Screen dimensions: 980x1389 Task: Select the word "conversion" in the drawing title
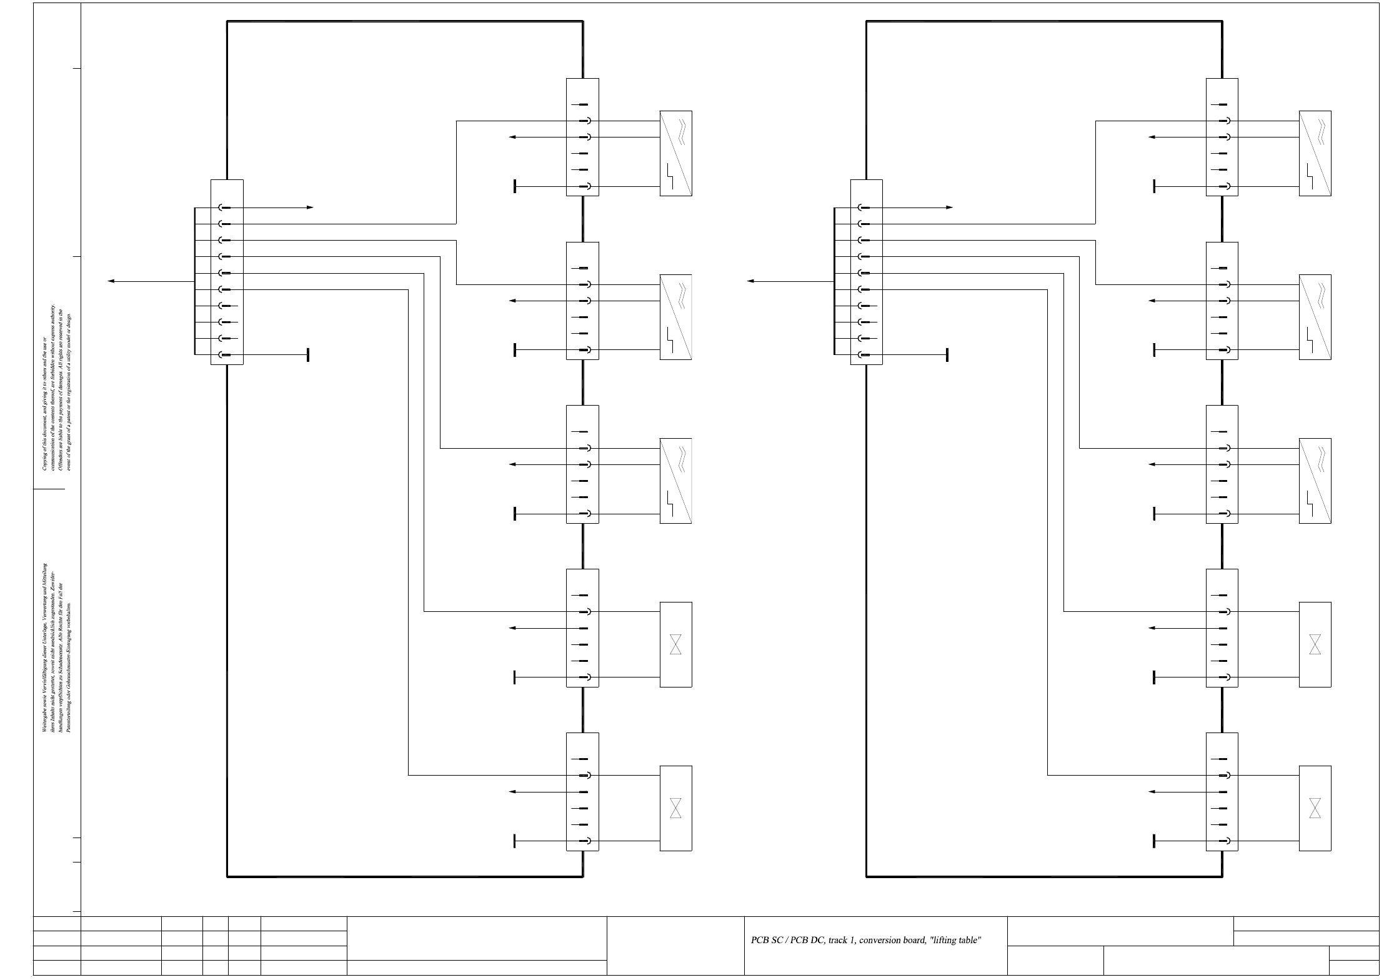881,940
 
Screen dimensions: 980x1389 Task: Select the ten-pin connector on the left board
227,272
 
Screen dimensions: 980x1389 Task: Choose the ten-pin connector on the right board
866,272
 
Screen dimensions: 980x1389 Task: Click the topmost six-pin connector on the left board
582,137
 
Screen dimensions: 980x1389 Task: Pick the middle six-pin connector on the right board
1222,464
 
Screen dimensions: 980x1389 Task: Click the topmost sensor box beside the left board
675,153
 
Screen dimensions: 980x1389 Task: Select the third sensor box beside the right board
1315,481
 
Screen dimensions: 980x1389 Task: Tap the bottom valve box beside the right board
1315,808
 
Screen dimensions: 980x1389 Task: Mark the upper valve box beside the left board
675,644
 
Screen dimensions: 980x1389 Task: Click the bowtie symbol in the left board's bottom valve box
675,807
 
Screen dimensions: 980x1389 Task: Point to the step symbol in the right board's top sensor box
1310,176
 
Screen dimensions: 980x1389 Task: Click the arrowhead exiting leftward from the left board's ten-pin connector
111,281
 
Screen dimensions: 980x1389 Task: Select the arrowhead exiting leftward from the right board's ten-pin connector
750,281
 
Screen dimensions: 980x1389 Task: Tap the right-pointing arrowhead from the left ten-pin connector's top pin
310,207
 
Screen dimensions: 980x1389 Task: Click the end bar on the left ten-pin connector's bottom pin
308,355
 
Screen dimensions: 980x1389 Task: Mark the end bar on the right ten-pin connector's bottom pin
947,355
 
